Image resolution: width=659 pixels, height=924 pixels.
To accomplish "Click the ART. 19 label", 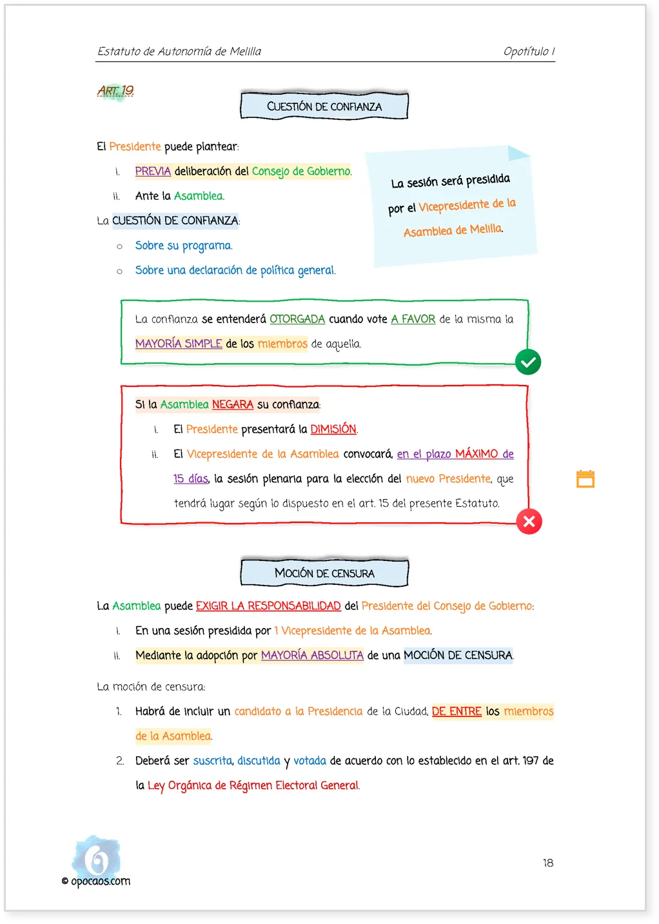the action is click(x=115, y=90).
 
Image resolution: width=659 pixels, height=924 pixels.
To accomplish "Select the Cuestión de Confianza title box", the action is click(x=324, y=106).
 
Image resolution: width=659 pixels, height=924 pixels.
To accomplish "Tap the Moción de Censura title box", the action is click(x=324, y=573).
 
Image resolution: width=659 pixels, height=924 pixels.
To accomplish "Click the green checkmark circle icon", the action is click(x=528, y=362).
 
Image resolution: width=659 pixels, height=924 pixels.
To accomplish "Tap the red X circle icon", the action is click(x=529, y=522).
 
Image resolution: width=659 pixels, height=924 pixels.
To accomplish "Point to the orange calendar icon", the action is click(x=585, y=478).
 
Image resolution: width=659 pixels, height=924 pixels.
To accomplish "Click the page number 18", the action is click(x=547, y=863).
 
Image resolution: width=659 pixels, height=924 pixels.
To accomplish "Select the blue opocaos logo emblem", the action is click(x=97, y=858).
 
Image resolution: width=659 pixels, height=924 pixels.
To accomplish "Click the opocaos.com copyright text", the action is click(x=96, y=881).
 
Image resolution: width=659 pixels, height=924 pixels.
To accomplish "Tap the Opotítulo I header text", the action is click(x=529, y=51).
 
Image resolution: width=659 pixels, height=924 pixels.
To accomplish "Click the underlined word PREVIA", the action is click(x=153, y=171).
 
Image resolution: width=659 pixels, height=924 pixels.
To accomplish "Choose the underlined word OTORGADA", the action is click(x=297, y=319).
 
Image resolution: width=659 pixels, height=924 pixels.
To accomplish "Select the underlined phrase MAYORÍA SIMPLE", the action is click(x=179, y=344).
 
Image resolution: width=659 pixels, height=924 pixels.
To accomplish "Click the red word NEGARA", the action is click(x=233, y=404).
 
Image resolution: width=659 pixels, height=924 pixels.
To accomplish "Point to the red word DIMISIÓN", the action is click(x=333, y=429).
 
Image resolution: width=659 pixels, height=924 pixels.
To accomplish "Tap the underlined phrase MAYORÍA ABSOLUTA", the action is click(x=312, y=655).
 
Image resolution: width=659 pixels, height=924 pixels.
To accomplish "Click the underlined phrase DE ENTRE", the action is click(x=457, y=711).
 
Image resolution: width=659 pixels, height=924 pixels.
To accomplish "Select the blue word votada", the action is click(x=310, y=761).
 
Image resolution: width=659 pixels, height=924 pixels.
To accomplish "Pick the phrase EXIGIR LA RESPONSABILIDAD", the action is click(x=268, y=605).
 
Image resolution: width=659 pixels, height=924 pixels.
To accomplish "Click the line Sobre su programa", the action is click(x=184, y=246).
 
